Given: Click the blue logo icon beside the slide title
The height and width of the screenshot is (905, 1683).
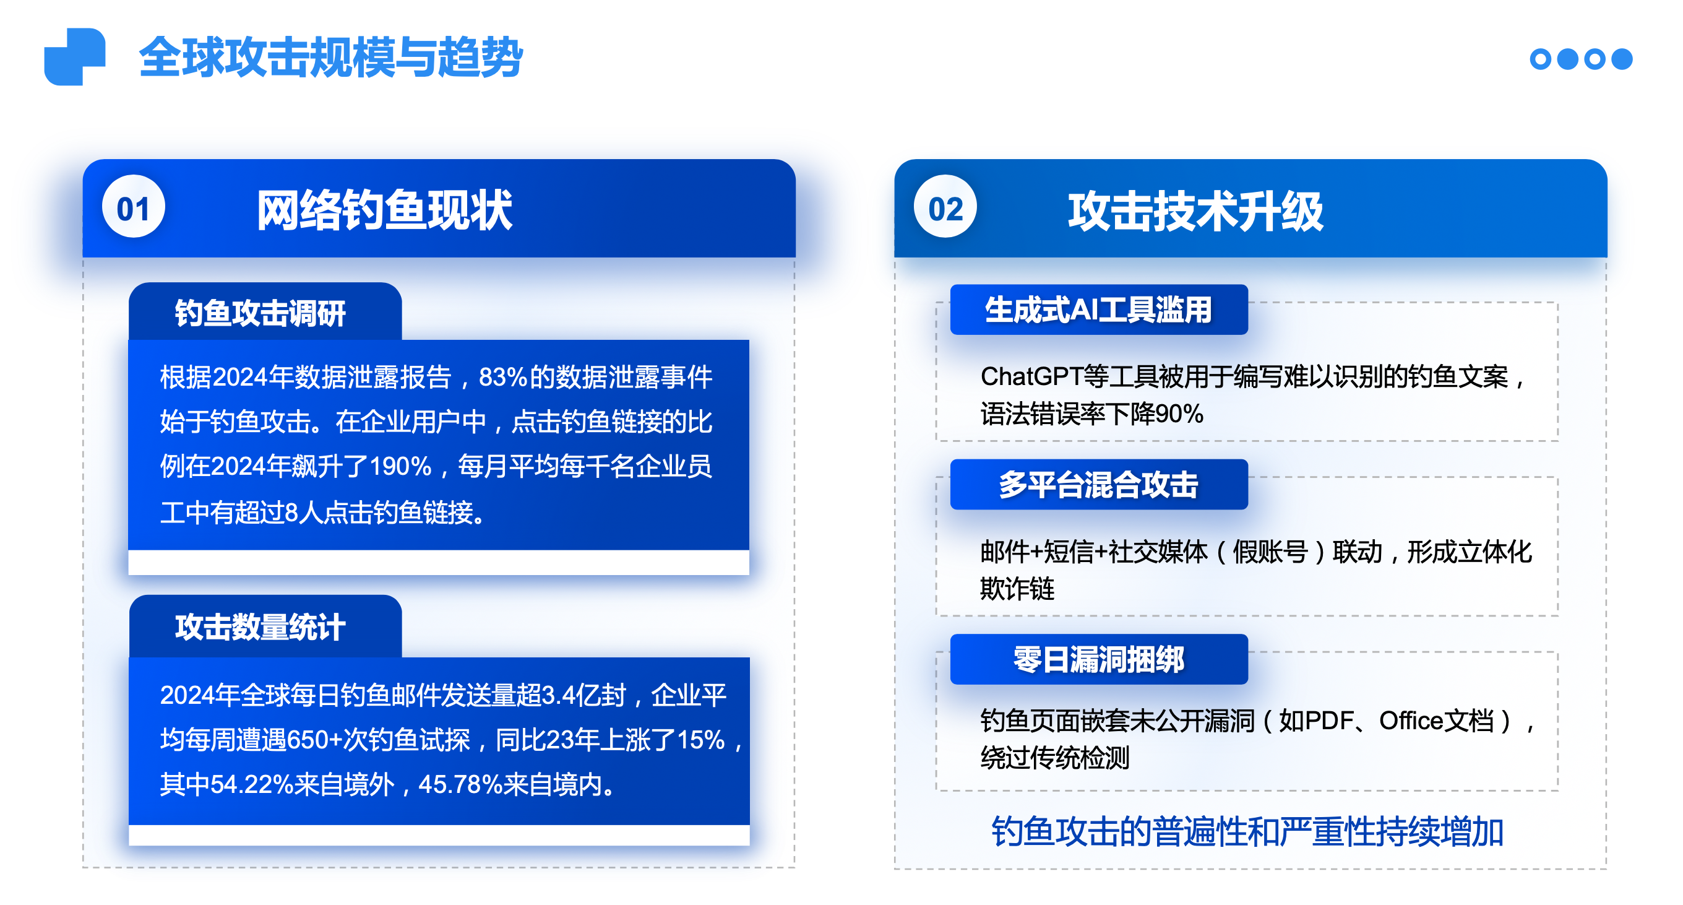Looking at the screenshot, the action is (x=74, y=56).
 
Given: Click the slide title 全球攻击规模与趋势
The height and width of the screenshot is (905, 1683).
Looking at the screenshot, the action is (x=330, y=58).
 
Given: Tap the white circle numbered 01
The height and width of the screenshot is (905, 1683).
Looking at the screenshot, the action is (x=133, y=207).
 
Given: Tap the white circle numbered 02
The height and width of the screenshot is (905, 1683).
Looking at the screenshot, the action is (x=945, y=207).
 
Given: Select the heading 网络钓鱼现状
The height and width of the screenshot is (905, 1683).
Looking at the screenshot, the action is (x=385, y=210).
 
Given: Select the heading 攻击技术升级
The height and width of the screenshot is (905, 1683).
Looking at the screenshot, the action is (x=1195, y=211).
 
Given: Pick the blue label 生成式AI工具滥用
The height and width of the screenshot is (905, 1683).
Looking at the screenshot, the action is (x=1099, y=310).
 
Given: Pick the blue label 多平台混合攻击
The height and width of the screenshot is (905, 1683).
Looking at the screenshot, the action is (x=1099, y=484).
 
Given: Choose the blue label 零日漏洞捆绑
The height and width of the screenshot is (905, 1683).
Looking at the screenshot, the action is (x=1099, y=659).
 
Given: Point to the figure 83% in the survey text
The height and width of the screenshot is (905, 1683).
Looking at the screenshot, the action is (x=503, y=377).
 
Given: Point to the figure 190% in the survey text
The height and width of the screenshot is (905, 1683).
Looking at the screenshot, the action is (x=400, y=467).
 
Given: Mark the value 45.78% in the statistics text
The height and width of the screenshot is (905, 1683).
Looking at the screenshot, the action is (x=460, y=784).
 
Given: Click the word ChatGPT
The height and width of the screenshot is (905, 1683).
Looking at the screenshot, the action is (x=1031, y=377).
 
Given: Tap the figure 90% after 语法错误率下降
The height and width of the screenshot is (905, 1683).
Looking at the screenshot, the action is (x=1179, y=414).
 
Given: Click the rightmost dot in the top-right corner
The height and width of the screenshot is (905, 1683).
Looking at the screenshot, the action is (x=1622, y=59).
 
